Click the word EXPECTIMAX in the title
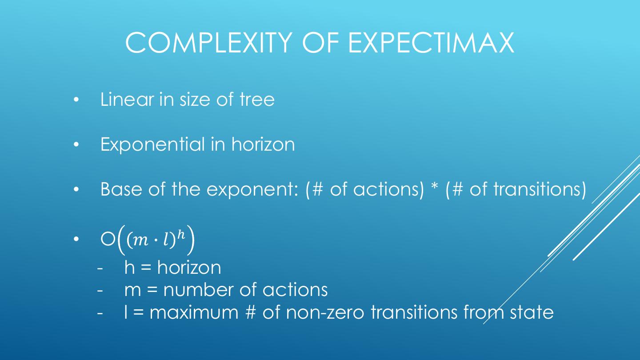pyautogui.click(x=431, y=43)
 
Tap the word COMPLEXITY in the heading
pyautogui.click(x=209, y=43)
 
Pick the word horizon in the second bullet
pyautogui.click(x=263, y=144)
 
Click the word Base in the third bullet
pyautogui.click(x=121, y=189)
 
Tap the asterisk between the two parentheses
pyautogui.click(x=434, y=187)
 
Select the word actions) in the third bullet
pyautogui.click(x=388, y=189)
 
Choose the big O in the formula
pyautogui.click(x=108, y=240)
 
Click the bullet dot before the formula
pyautogui.click(x=76, y=239)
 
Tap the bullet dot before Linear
pyautogui.click(x=76, y=100)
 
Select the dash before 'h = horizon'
pyautogui.click(x=100, y=268)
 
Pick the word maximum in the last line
pyautogui.click(x=194, y=312)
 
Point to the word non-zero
pyautogui.click(x=325, y=312)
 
